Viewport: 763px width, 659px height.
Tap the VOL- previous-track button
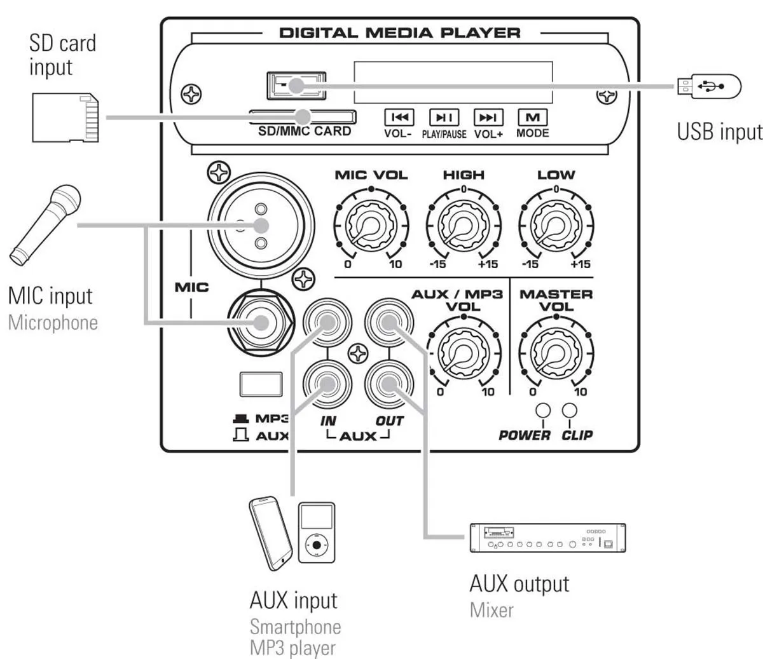point(399,118)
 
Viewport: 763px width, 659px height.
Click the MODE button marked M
point(533,118)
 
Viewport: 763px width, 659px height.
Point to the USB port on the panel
point(297,85)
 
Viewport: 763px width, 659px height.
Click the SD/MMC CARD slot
point(302,116)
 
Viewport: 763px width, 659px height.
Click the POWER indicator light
point(542,410)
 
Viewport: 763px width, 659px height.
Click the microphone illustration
point(45,222)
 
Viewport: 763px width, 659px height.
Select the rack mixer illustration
point(547,538)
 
